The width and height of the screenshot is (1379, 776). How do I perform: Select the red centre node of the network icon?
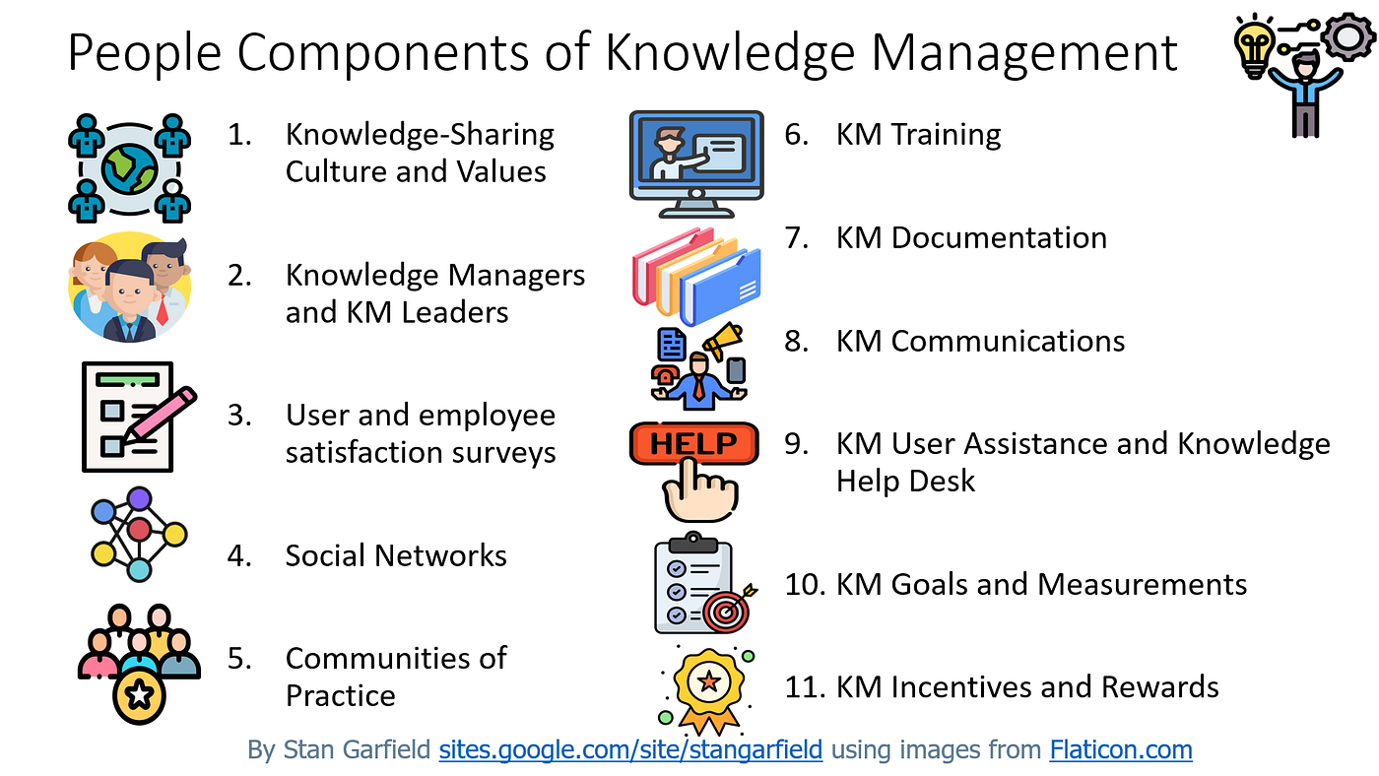point(139,532)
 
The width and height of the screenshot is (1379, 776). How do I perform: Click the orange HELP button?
point(693,444)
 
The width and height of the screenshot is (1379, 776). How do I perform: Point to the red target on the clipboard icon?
point(727,611)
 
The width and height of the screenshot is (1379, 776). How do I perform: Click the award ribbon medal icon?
point(705,681)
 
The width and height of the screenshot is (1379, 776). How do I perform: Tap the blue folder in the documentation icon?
point(723,287)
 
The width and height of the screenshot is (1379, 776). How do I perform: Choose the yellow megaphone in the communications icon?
point(722,340)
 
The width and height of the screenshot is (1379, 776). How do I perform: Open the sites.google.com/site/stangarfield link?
point(630,750)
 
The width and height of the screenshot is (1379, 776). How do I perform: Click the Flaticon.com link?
point(1120,750)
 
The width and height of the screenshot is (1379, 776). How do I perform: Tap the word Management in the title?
point(1024,51)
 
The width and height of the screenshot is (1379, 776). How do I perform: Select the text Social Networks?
point(396,555)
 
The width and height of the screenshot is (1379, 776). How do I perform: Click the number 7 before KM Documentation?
point(796,237)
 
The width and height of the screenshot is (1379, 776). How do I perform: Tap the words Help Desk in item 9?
point(905,482)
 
